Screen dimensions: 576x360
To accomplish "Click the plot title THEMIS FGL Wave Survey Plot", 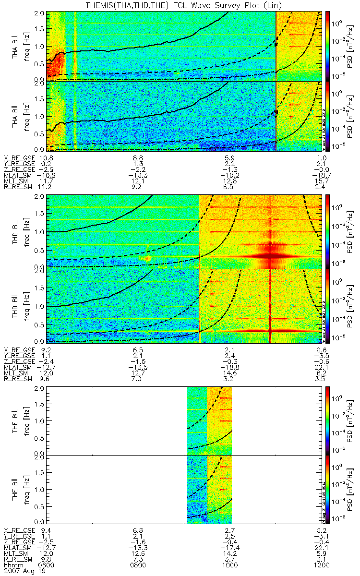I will coord(179,5).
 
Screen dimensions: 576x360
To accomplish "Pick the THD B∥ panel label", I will coord(16,305).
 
